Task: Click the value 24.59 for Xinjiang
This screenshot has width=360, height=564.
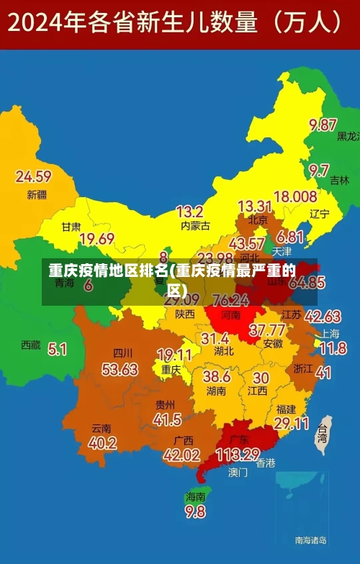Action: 33,176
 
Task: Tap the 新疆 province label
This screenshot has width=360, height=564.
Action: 37,194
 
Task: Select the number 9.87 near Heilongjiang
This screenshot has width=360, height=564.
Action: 323,124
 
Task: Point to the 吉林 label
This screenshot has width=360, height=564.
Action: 339,181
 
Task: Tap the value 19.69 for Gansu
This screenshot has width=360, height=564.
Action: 97,239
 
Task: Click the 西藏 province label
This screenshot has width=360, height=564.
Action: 31,345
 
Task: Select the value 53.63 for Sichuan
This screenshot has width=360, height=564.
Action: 120,369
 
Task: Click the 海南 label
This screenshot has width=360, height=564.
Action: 195,496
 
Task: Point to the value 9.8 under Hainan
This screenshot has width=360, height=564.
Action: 195,511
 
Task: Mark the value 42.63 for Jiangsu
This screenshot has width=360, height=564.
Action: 323,317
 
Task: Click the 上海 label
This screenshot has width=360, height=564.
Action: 330,334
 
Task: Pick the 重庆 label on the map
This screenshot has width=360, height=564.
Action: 171,369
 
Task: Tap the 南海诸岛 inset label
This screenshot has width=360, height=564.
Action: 310,540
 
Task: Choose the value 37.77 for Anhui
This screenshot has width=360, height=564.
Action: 266,330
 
